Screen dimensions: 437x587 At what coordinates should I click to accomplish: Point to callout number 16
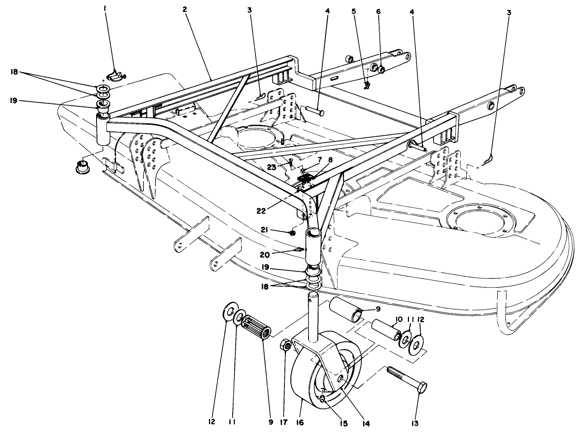click(x=300, y=423)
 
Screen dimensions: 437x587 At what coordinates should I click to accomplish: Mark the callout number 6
click(x=378, y=12)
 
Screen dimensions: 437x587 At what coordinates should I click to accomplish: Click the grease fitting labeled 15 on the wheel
click(x=322, y=399)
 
